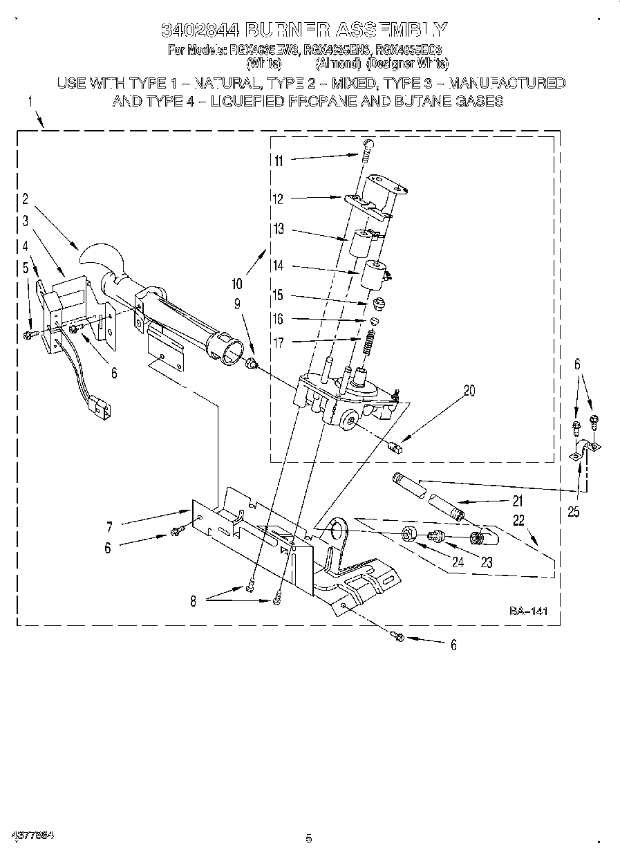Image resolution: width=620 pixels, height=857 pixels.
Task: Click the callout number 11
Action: [279, 161]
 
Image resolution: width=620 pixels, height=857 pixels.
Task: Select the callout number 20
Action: [469, 391]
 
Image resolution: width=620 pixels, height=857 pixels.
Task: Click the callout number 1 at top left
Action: [30, 102]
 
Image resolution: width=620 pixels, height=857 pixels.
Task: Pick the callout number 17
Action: [279, 341]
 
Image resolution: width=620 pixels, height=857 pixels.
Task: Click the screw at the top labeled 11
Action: [367, 147]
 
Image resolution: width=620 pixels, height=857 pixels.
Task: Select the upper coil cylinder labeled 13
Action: [361, 243]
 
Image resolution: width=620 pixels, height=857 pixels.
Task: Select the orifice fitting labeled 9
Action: [252, 362]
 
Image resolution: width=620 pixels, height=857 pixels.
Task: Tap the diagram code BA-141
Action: [529, 611]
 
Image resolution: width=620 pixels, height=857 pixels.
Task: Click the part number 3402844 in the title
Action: [200, 29]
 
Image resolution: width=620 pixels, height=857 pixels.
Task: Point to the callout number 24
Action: [457, 562]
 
